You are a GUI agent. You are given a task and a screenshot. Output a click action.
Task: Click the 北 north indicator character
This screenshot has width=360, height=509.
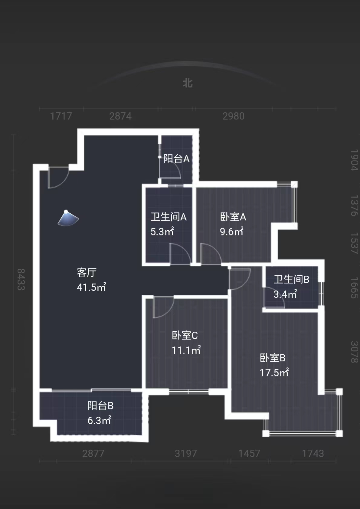pyautogui.click(x=188, y=83)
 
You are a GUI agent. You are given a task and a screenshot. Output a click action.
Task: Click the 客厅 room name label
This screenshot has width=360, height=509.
pyautogui.click(x=87, y=273)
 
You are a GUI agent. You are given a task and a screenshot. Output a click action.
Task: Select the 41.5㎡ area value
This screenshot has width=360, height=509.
pyautogui.click(x=91, y=287)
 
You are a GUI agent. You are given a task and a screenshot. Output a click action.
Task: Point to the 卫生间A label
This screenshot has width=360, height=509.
pyautogui.click(x=169, y=217)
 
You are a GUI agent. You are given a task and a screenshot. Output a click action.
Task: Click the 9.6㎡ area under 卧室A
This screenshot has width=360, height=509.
pyautogui.click(x=231, y=232)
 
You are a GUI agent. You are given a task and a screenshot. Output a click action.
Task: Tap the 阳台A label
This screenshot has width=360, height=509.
pyautogui.click(x=176, y=159)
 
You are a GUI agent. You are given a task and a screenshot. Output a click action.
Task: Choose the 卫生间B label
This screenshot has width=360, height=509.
pyautogui.click(x=291, y=279)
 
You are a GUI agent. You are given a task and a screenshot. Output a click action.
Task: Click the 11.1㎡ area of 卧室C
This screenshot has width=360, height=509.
pyautogui.click(x=186, y=350)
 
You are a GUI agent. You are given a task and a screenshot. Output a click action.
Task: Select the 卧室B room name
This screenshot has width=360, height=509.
pyautogui.click(x=273, y=358)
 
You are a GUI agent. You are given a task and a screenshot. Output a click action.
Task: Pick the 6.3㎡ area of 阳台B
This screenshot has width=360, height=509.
pyautogui.click(x=99, y=420)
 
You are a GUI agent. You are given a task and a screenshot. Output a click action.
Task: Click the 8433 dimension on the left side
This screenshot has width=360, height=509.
pyautogui.click(x=21, y=279)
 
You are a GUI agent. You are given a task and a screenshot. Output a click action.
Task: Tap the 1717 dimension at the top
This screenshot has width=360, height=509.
pyautogui.click(x=61, y=116)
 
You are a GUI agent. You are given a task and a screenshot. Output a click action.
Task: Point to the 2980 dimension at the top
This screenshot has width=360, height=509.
pyautogui.click(x=233, y=116)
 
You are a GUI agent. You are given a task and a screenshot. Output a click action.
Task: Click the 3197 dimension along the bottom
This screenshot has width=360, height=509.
pyautogui.click(x=186, y=453)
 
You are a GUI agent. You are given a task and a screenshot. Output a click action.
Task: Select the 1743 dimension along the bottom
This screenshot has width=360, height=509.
pyautogui.click(x=313, y=453)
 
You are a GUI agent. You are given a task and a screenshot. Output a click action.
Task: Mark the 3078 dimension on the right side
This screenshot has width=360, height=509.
pyautogui.click(x=354, y=352)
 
